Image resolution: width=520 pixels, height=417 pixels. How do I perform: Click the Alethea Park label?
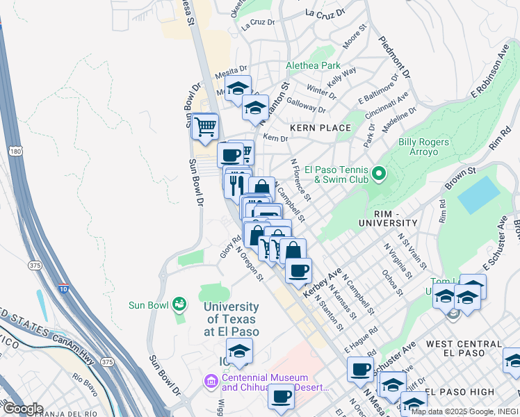[314, 66]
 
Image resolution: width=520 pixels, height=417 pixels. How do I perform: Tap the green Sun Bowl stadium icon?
[179, 304]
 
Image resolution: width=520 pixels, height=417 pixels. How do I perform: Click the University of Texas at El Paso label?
[231, 319]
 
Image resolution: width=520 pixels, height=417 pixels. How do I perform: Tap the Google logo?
[22, 409]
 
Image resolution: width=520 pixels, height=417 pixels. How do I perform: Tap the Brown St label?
[461, 170]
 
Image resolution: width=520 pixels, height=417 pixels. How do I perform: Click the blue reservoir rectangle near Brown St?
[479, 195]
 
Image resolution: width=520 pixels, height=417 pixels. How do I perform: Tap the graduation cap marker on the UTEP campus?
[239, 351]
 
